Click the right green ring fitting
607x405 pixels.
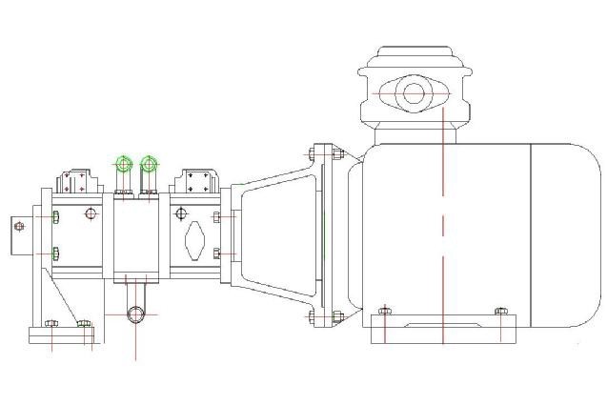click(x=149, y=164)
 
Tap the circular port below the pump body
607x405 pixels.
click(x=136, y=314)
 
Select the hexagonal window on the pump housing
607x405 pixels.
click(x=194, y=241)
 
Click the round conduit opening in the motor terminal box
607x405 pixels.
click(x=414, y=93)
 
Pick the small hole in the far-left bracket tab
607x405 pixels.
click(x=17, y=226)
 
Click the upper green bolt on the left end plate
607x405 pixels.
click(x=55, y=217)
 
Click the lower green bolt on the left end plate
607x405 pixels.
click(x=55, y=253)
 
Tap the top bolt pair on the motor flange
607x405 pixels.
click(x=323, y=152)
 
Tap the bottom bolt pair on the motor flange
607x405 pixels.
click(x=323, y=317)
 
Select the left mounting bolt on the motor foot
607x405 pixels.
click(x=384, y=311)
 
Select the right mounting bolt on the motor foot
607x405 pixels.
click(x=501, y=311)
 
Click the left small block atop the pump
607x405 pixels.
click(x=75, y=180)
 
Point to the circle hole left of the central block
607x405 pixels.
click(x=91, y=213)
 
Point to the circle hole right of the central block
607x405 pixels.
click(x=178, y=213)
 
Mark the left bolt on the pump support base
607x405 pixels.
click(x=52, y=324)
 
